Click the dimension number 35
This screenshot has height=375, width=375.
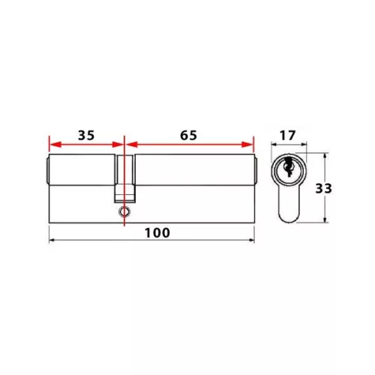(x=85, y=136)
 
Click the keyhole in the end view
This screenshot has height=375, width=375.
(x=287, y=170)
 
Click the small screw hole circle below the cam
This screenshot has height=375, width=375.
(x=122, y=213)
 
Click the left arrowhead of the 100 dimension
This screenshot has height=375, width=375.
(x=51, y=241)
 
